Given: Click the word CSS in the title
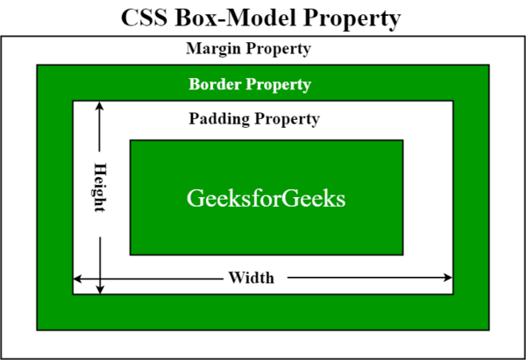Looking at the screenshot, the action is (x=144, y=18).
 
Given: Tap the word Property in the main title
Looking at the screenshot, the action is (x=352, y=19).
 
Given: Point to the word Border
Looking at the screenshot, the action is (x=215, y=84).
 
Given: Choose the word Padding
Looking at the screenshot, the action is (x=219, y=119).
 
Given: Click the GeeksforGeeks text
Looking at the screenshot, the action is (x=266, y=198).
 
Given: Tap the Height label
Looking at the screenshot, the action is (x=100, y=187).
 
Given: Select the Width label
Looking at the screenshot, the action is (x=252, y=278).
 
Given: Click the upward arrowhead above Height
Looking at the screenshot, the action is (x=99, y=106).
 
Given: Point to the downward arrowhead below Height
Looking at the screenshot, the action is (x=100, y=290).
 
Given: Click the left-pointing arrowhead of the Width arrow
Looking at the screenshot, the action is (x=77, y=279).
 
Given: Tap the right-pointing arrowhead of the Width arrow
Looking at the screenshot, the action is (x=448, y=278).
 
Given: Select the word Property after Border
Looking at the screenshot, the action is (x=279, y=85).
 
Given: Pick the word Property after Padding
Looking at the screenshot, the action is (x=288, y=120).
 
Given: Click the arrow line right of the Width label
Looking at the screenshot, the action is (x=370, y=278).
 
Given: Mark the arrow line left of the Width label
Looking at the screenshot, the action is (x=148, y=279).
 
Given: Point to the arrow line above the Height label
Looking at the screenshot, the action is (x=99, y=127).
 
